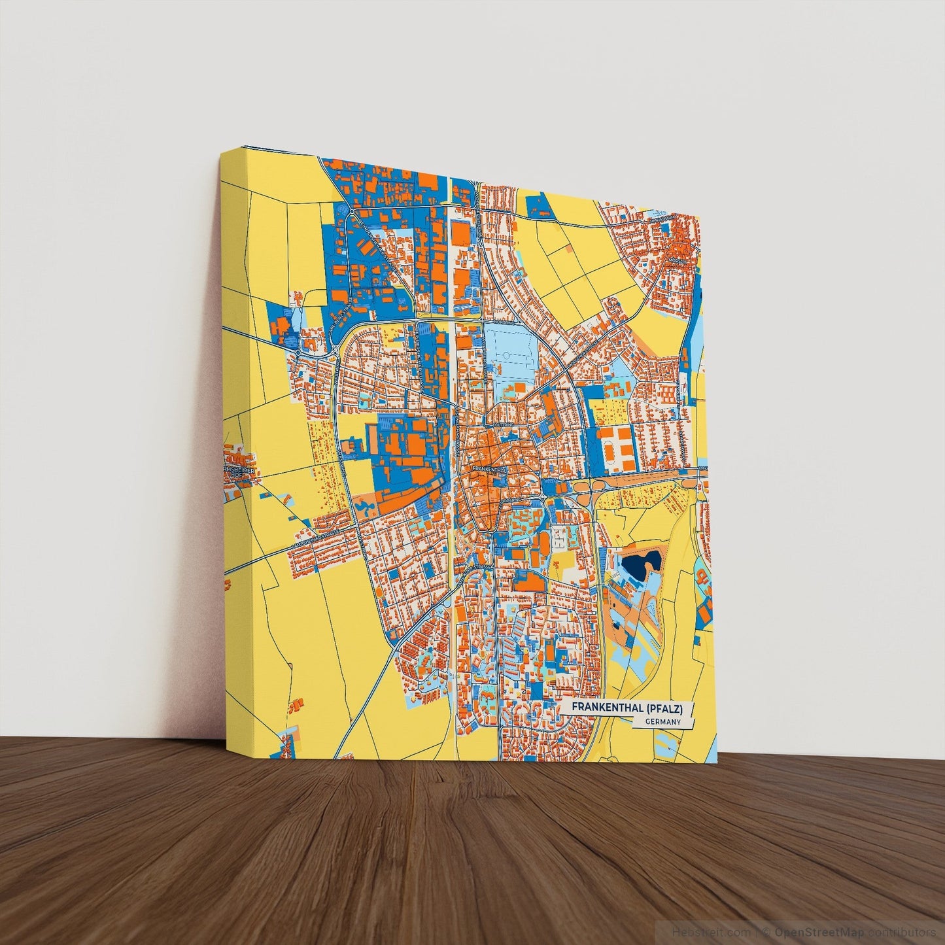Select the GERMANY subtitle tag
coord(662,722)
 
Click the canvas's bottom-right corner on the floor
coord(717,763)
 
